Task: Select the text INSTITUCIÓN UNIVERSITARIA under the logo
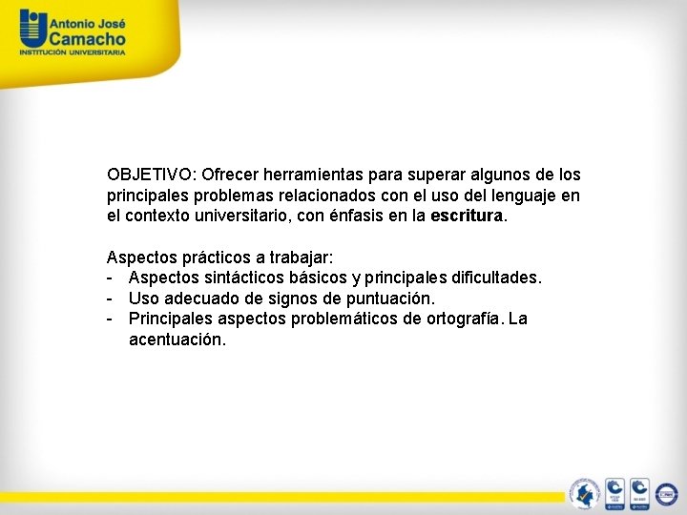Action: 73,52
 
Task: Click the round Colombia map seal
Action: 583,493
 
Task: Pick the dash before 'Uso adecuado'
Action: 112,299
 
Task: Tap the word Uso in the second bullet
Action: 143,299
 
